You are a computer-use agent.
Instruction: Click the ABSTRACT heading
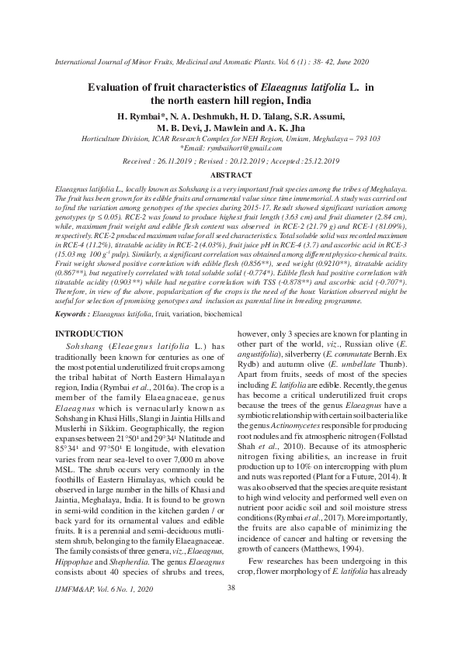(x=231, y=175)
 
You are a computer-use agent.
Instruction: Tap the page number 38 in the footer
(x=231, y=631)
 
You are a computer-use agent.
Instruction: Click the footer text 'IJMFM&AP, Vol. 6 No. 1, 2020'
(x=95, y=634)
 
